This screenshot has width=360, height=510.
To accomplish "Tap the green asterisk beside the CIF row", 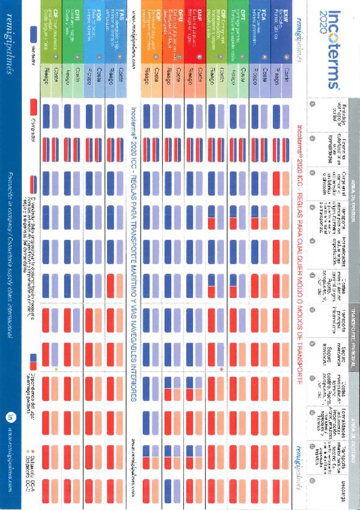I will [x=55, y=368].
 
